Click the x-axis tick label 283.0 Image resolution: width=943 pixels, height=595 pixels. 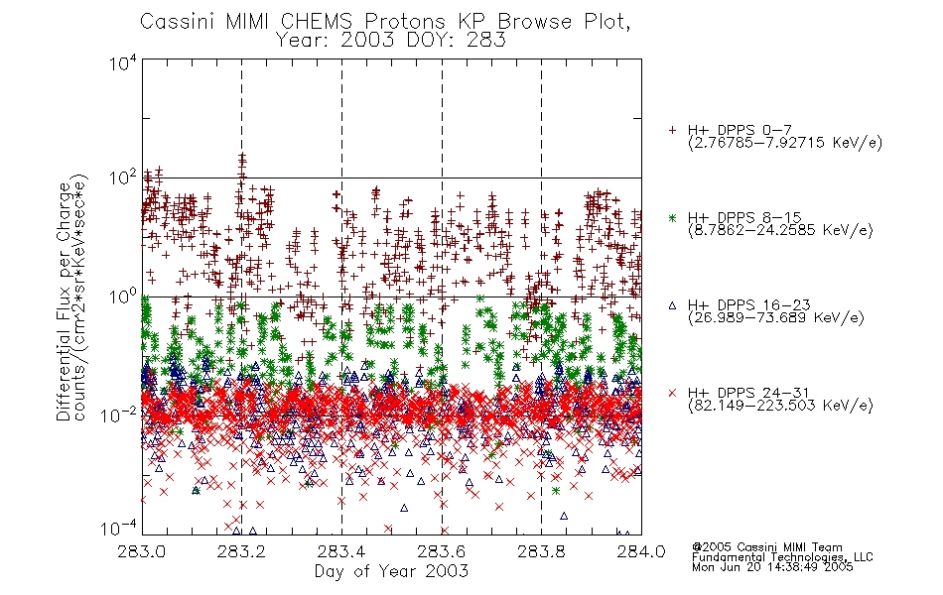click(x=142, y=551)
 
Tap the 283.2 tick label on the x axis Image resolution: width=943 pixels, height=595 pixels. click(x=242, y=551)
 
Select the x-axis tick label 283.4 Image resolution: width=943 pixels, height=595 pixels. click(x=341, y=551)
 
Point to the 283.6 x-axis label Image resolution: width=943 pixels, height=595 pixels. click(x=442, y=551)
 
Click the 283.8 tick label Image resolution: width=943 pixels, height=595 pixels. click(x=541, y=551)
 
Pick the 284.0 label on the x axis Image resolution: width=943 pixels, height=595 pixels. click(x=641, y=551)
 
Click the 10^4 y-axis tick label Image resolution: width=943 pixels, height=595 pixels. click(x=123, y=63)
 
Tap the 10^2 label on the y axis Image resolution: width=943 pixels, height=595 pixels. click(x=123, y=178)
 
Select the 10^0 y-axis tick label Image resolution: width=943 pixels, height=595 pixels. click(x=123, y=297)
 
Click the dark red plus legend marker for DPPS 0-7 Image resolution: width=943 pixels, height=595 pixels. click(x=672, y=130)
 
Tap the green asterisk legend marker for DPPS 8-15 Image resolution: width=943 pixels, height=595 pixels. click(x=672, y=218)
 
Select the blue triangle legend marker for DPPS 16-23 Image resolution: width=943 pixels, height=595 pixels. click(x=672, y=305)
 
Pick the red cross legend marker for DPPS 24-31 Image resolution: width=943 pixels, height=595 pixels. click(x=672, y=393)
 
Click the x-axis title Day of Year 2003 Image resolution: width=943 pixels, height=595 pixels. click(x=391, y=571)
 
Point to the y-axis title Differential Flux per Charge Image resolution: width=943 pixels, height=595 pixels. click(x=65, y=301)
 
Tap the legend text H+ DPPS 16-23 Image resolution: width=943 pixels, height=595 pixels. click(x=749, y=305)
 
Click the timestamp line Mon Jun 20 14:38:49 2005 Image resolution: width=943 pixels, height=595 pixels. click(x=772, y=567)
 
